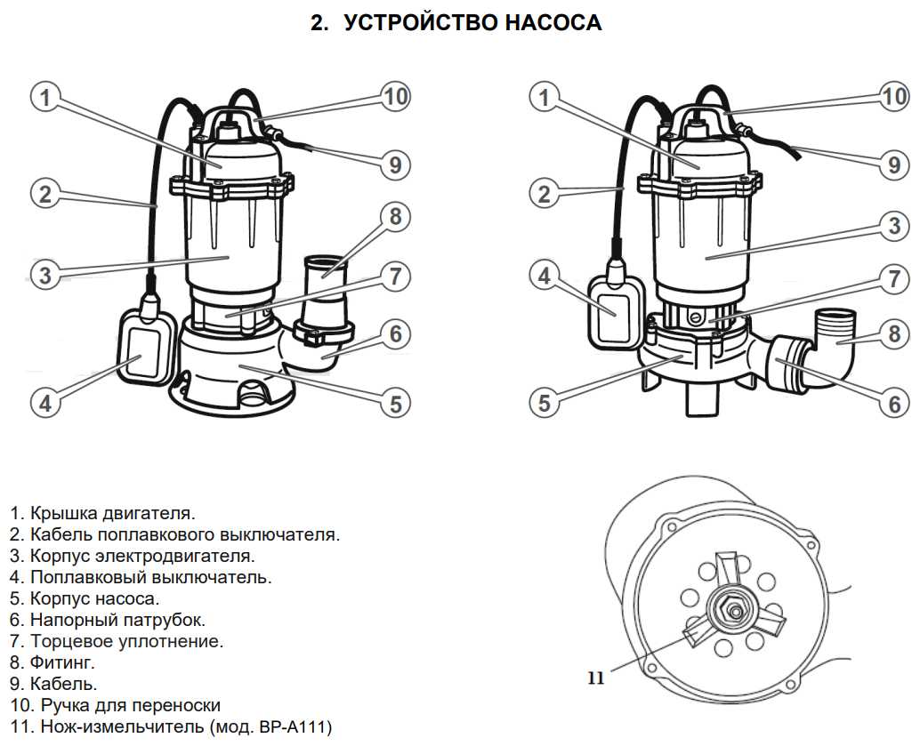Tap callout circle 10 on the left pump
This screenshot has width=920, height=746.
point(395,96)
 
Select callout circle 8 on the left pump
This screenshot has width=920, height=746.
point(395,216)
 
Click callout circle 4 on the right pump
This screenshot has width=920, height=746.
point(545,276)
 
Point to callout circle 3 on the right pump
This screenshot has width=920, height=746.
point(895,226)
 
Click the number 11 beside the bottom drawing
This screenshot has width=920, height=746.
point(595,678)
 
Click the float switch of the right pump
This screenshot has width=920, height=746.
point(615,307)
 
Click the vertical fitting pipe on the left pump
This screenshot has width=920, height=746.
point(324,289)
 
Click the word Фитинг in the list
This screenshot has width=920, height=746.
point(62,662)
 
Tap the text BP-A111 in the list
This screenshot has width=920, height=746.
point(294,726)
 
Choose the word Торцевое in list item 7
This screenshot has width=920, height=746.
point(70,641)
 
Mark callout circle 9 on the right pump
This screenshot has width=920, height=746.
point(895,164)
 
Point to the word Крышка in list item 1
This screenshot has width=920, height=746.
point(62,513)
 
